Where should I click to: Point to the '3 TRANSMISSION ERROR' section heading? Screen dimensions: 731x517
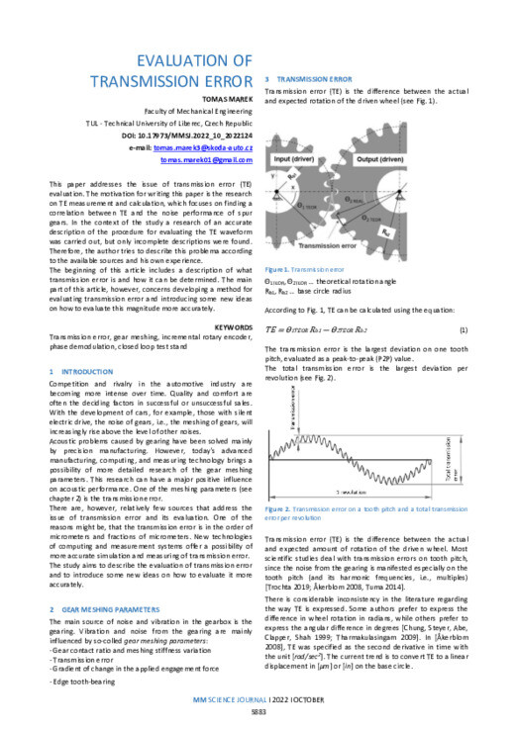coord(314,77)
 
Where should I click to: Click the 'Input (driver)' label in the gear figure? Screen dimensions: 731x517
coord(296,157)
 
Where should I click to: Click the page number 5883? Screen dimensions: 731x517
coord(258,712)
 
